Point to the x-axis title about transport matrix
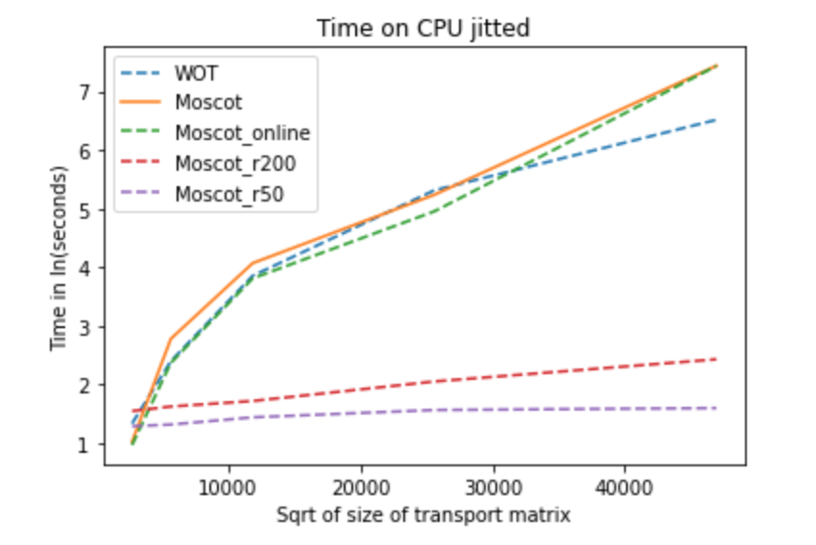click(424, 515)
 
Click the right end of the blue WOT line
click(716, 120)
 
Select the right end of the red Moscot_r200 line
click(716, 359)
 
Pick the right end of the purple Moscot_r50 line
click(716, 408)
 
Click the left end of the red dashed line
click(132, 411)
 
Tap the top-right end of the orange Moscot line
click(716, 65)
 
